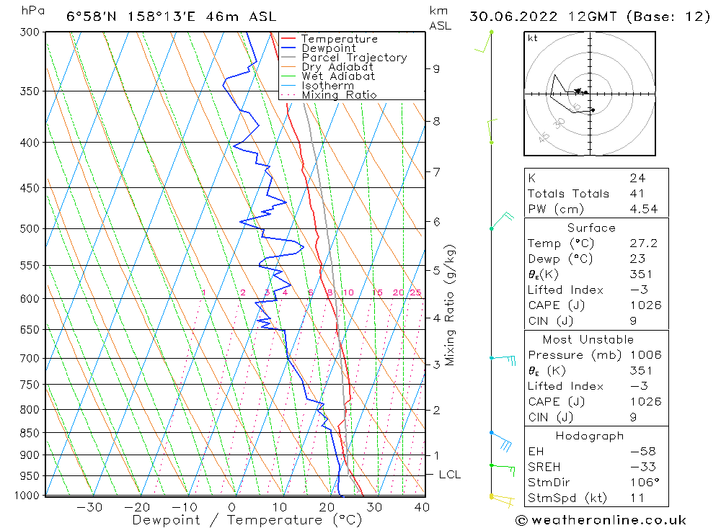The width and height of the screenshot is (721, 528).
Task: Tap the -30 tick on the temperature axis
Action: pyautogui.click(x=90, y=507)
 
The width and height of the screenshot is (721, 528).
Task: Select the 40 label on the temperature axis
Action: pyautogui.click(x=422, y=507)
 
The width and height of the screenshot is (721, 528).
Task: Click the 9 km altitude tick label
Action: pyautogui.click(x=436, y=68)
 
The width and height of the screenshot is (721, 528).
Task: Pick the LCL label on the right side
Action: pyautogui.click(x=449, y=475)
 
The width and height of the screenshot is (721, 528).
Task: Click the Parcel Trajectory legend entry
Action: pyautogui.click(x=354, y=58)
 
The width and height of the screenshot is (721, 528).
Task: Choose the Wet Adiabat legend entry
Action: pyautogui.click(x=338, y=76)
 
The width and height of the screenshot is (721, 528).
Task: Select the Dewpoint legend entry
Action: pyautogui.click(x=329, y=48)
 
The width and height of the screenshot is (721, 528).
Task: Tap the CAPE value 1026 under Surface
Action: pyautogui.click(x=645, y=305)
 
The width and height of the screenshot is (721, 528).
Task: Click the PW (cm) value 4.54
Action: pyautogui.click(x=643, y=210)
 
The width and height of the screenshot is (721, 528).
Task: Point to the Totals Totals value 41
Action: pyautogui.click(x=637, y=194)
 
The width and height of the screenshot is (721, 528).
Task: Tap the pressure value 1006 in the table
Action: pyautogui.click(x=645, y=355)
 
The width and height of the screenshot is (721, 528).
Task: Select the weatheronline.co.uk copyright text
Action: pyautogui.click(x=601, y=520)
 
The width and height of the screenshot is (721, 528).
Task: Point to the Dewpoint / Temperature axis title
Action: pyautogui.click(x=247, y=520)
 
